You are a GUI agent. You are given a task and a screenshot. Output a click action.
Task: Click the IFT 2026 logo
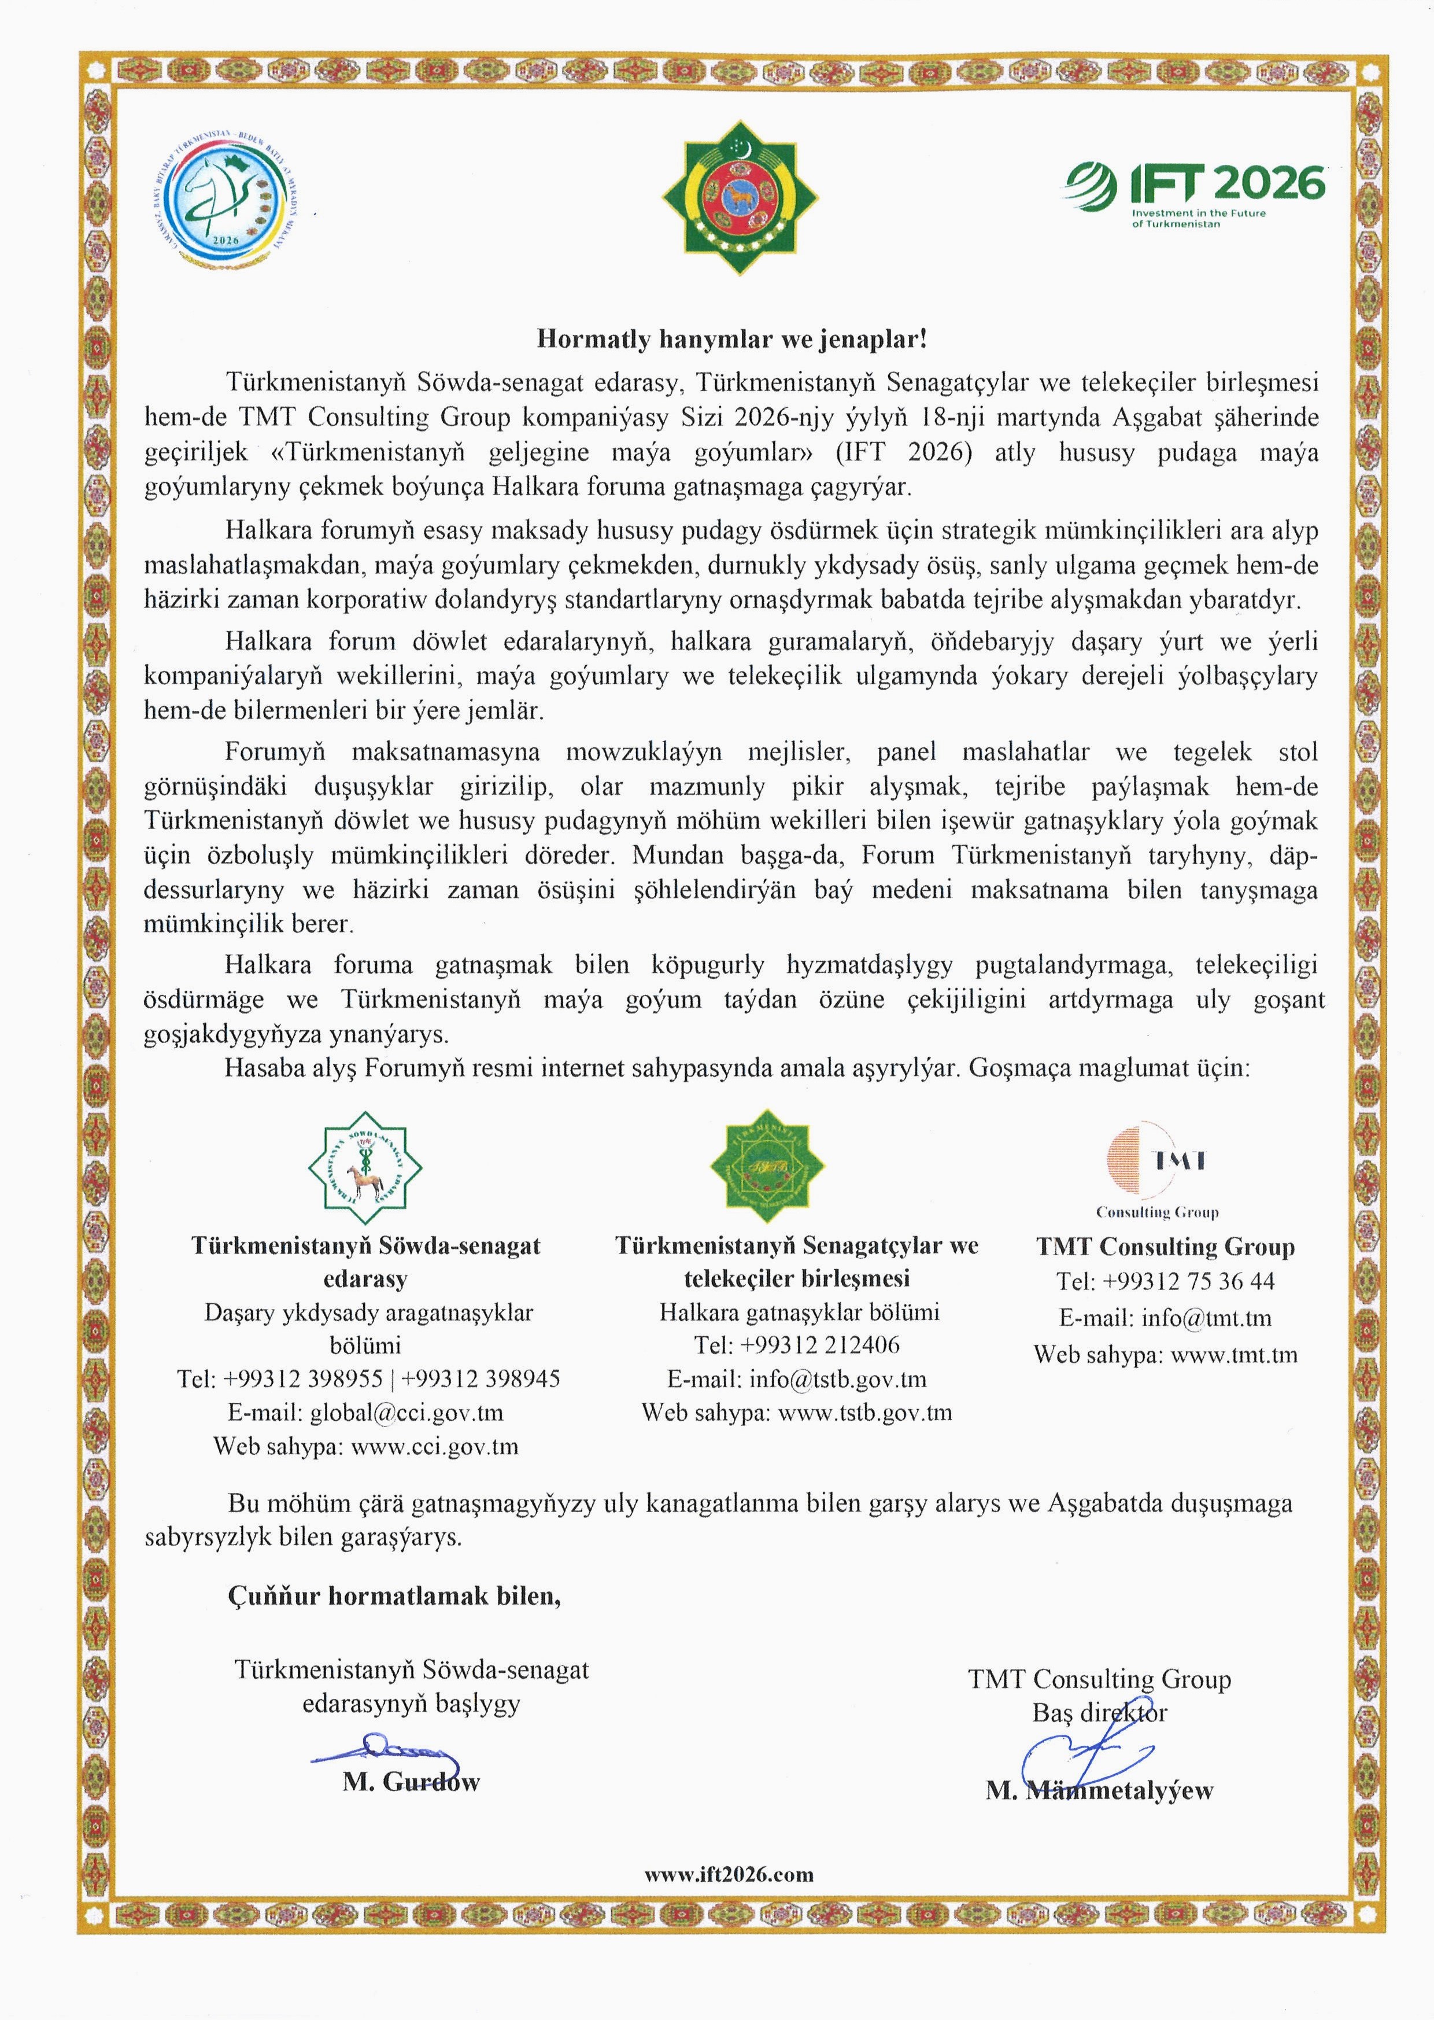1196,193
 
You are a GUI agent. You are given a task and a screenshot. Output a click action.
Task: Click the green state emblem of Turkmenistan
740,197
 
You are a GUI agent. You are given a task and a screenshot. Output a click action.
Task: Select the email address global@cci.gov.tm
406,1412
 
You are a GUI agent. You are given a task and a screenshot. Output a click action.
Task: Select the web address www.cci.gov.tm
434,1447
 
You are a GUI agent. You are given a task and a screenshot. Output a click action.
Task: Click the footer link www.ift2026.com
729,1874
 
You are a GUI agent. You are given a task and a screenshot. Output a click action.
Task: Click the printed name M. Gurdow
412,1782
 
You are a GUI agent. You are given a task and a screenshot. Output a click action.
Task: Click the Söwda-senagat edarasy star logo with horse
365,1168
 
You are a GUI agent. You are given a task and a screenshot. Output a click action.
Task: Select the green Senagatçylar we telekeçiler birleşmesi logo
767,1166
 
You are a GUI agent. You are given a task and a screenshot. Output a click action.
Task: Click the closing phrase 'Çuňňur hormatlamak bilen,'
394,1596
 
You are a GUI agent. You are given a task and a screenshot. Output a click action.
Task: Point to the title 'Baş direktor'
1099,1713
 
